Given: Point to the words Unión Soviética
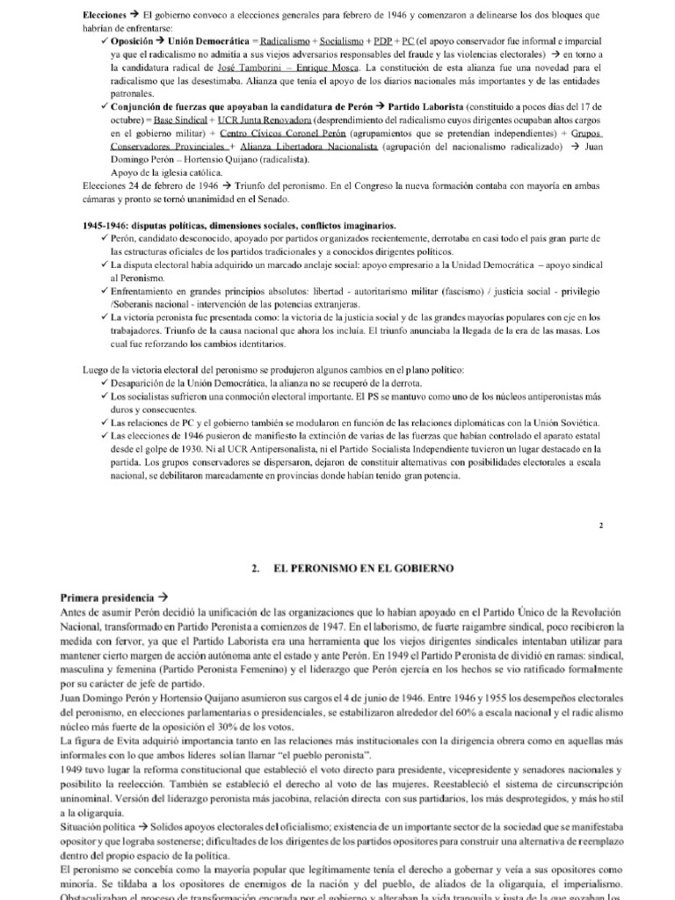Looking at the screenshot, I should click(564, 423).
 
